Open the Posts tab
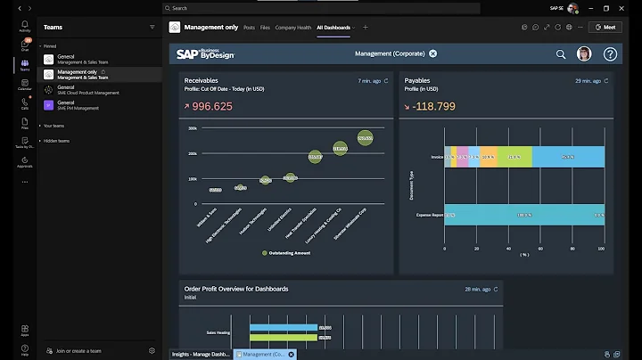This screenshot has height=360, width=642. coord(249,28)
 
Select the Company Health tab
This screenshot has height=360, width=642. coord(293,28)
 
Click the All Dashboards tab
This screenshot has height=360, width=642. coord(333,28)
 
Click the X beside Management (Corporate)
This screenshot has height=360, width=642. coord(433,53)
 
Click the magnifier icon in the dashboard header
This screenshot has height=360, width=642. coord(561,54)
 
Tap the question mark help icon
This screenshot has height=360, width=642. coord(610,54)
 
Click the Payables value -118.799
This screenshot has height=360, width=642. coord(432,106)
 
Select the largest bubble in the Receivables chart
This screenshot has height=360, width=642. coord(365,138)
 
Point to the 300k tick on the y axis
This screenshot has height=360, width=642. coord(192,128)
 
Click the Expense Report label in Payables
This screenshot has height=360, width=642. coord(429,215)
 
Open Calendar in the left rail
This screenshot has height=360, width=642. coord(24,86)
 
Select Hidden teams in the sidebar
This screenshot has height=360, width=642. coord(57,141)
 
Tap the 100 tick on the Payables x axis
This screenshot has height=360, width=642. coord(604,250)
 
